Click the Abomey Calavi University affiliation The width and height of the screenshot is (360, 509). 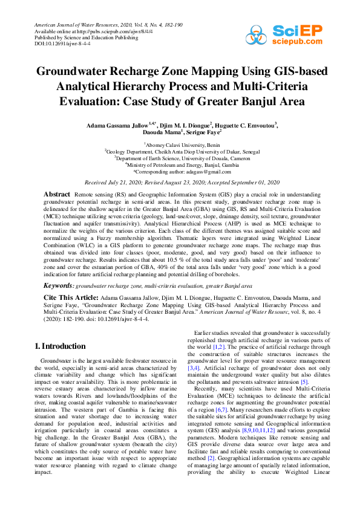tap(180, 145)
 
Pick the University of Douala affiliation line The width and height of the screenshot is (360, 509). tap(180, 158)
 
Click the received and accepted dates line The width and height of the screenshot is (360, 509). tap(180, 181)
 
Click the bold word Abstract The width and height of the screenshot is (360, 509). tap(57, 193)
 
